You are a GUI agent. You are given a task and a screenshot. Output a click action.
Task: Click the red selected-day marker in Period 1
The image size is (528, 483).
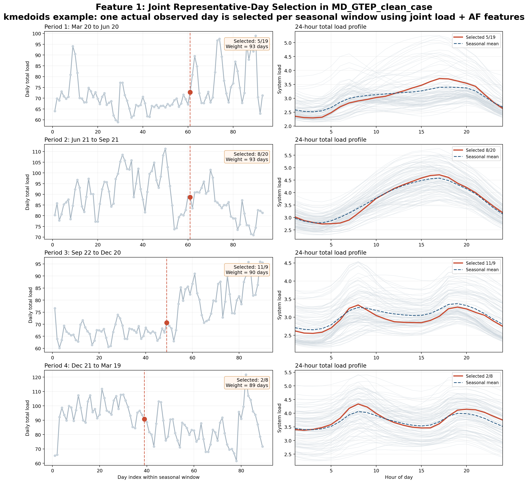coord(190,92)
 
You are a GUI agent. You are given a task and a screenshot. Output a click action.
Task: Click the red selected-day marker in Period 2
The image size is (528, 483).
coord(190,197)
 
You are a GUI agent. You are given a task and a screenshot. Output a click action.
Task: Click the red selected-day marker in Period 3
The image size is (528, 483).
coord(166,323)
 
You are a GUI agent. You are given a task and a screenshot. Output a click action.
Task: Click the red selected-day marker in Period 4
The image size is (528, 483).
coord(144,419)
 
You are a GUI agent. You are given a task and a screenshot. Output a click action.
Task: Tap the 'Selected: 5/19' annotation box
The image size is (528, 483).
coord(247,44)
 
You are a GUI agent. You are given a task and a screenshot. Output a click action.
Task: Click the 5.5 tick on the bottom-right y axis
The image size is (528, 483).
coord(288,372)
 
